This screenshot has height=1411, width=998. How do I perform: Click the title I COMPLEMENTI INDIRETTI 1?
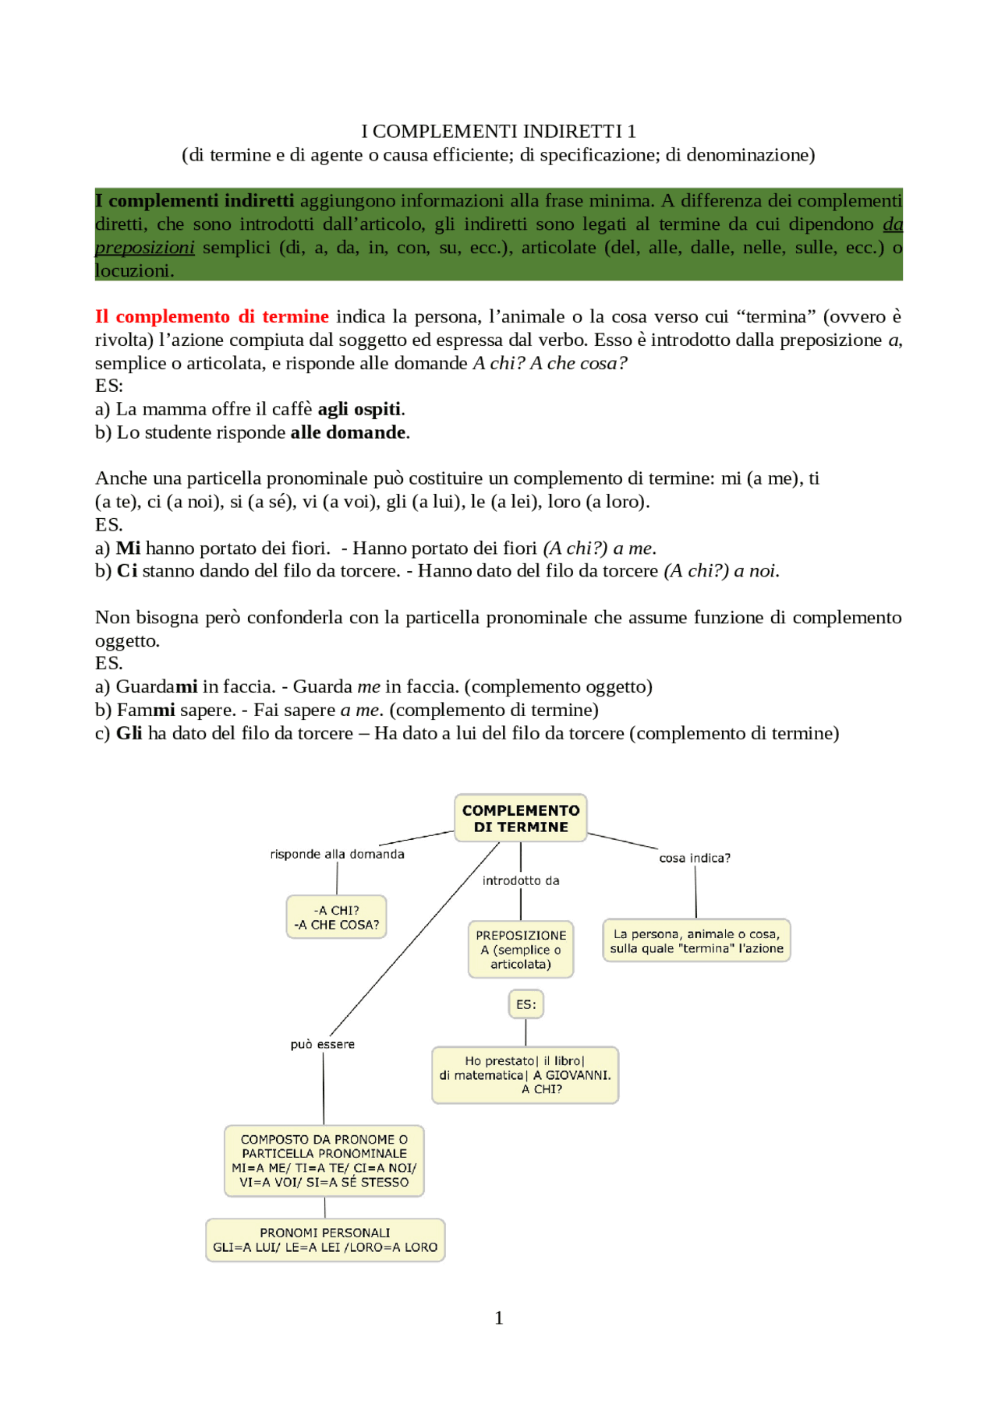(x=498, y=131)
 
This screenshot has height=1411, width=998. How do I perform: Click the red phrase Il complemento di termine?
(x=211, y=316)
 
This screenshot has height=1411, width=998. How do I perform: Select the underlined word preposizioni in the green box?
(x=145, y=248)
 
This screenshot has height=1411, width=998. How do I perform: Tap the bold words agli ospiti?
(x=359, y=409)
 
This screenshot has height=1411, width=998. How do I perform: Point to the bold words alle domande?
(x=349, y=432)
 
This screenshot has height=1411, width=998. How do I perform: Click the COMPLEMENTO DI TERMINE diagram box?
(x=520, y=818)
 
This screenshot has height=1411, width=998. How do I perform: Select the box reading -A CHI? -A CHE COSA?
(x=336, y=917)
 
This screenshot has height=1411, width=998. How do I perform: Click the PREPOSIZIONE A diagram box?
(x=521, y=949)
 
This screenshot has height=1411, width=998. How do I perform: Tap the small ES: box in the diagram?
(x=526, y=1004)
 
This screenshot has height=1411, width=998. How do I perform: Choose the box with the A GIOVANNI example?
(x=525, y=1074)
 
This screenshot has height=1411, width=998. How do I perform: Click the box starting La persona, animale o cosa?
(x=696, y=940)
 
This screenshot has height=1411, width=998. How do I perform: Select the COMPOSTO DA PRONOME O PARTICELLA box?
(x=324, y=1160)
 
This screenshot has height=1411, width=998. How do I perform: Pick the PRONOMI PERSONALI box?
(x=324, y=1240)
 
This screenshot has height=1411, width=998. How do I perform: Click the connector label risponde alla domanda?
(x=337, y=854)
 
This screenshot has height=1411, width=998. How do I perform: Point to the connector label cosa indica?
(x=694, y=858)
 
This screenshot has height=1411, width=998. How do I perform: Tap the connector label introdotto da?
(x=520, y=880)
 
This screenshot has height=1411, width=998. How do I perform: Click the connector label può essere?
(x=322, y=1044)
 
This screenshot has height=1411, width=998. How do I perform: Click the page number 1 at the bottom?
(x=498, y=1318)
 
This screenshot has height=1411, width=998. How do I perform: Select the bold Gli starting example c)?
(x=129, y=733)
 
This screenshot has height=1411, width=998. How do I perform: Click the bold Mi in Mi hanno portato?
(x=128, y=548)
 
